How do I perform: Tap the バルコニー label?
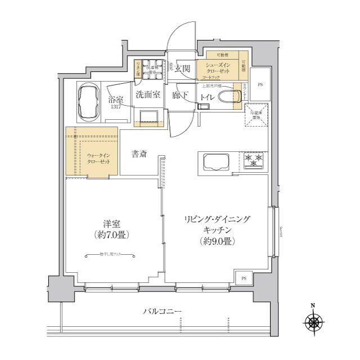pos(162,311)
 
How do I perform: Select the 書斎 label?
pos(140,154)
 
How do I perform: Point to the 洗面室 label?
pos(147,95)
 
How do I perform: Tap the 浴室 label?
pos(116,98)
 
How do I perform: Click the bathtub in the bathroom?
pos(88,102)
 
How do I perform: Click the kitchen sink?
pos(214,163)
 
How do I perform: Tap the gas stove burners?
pos(255,160)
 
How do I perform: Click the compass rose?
pos(313,323)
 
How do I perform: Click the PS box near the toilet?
pos(260,85)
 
